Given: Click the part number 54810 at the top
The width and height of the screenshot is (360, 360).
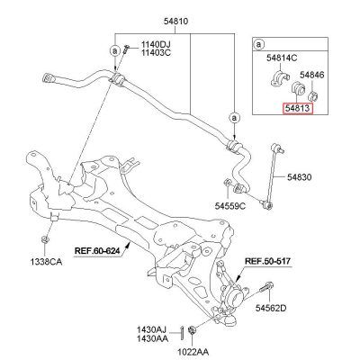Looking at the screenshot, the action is click(x=175, y=22).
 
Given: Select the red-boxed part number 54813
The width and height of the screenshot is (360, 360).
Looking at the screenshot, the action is click(x=297, y=108).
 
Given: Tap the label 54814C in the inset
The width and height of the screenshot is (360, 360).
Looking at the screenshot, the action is click(x=282, y=58).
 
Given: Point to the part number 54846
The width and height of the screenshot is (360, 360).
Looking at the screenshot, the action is click(x=312, y=75).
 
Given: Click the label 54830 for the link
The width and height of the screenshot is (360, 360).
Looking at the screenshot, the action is click(x=300, y=177).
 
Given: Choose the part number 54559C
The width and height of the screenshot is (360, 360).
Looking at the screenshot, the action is click(x=230, y=206).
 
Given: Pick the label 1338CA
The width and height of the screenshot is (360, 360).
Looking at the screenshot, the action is click(x=46, y=262).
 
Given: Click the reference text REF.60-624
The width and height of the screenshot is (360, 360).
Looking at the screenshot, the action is click(x=97, y=250).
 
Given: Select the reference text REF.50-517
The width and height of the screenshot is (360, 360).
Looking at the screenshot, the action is click(x=267, y=261).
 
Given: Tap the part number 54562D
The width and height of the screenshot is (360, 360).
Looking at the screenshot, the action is click(x=271, y=308).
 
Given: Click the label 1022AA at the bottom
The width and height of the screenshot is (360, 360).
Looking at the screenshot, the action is click(x=193, y=352).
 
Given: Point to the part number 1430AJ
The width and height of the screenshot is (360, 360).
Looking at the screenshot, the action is click(x=151, y=329).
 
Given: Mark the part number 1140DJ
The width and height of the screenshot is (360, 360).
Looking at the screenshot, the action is click(x=156, y=45).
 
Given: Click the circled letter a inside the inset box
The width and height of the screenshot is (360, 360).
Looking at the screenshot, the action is click(x=258, y=45).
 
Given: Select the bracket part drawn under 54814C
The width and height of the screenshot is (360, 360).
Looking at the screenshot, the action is click(x=279, y=78).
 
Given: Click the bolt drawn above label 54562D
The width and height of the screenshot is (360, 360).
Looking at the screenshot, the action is click(x=265, y=288).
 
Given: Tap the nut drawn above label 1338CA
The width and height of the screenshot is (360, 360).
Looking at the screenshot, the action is click(x=45, y=239).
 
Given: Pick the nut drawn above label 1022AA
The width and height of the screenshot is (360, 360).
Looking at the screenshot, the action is click(x=192, y=330).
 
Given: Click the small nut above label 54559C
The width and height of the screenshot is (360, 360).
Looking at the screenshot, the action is click(x=228, y=182).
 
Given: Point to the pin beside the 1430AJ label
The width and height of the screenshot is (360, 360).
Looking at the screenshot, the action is click(x=182, y=332).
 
